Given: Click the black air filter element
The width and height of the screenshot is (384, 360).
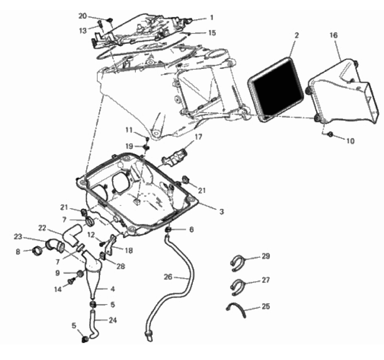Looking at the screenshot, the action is tap(276, 90).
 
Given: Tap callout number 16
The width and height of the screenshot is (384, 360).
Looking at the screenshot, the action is tap(334, 35).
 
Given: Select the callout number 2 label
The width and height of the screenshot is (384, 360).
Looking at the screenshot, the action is tap(296, 35).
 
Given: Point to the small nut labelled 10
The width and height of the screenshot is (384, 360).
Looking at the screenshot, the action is tap(330, 134).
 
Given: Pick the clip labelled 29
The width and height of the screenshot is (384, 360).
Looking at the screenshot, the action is tap(237, 263).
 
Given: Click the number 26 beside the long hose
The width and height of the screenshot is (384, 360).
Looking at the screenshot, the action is tap(168, 277).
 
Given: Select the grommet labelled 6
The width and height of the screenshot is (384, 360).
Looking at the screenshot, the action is tap(168, 230).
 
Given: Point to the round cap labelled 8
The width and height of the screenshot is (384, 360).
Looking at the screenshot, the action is tap(37, 251).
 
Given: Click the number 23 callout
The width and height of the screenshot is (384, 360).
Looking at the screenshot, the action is tap(18, 237).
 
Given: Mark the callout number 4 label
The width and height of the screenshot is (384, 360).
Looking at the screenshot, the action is tap(113, 289).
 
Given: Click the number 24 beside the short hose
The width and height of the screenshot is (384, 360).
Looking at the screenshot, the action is tap(113, 320).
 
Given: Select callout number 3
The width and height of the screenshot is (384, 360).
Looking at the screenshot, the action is tap(221, 212).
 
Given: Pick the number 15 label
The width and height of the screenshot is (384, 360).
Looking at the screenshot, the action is tap(212, 33).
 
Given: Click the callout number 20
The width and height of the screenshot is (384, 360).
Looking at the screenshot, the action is tap(83, 16).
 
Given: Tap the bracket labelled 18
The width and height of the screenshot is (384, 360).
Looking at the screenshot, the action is tap(109, 244).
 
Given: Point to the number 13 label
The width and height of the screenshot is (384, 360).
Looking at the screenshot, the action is tap(83, 31).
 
